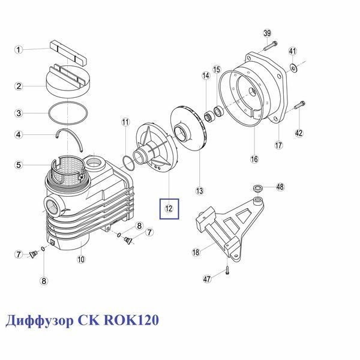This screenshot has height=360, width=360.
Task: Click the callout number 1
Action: tap(19, 50)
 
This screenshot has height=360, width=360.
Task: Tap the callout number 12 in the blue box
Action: tap(169, 208)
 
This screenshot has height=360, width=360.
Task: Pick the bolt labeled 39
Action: tap(271, 46)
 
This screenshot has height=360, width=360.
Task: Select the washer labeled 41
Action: tap(293, 67)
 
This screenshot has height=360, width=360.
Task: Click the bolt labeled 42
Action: tap(299, 106)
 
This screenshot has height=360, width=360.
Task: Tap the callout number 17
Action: tap(278, 145)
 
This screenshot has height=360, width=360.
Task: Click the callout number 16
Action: tap(254, 159)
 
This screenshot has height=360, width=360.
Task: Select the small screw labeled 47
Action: tap(227, 270)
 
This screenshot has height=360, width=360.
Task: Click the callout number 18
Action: tap(196, 252)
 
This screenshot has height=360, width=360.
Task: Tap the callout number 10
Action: tap(81, 259)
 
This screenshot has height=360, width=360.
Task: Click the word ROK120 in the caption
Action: tap(131, 320)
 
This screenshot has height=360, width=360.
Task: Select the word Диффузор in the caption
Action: tap(39, 321)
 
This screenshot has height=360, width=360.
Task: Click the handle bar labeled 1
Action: tap(68, 53)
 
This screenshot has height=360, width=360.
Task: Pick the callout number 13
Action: tap(200, 191)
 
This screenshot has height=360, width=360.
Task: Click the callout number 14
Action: tap(206, 76)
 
